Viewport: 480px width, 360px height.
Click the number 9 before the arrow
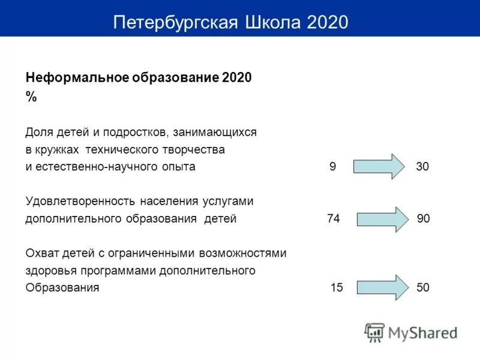333,167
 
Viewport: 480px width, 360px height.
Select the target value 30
422,167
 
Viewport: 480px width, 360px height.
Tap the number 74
334,219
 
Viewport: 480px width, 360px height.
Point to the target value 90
424,219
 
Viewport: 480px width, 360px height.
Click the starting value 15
337,287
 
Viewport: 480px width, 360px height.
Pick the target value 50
423,287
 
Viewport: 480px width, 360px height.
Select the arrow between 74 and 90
382,220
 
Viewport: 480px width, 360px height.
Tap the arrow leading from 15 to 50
382,288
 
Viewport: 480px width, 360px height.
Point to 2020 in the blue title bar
327,22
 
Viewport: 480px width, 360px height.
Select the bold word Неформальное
74,78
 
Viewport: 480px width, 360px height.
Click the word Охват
41,253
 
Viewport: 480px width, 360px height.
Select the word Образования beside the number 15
62,287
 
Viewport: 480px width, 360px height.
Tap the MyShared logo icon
375,332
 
